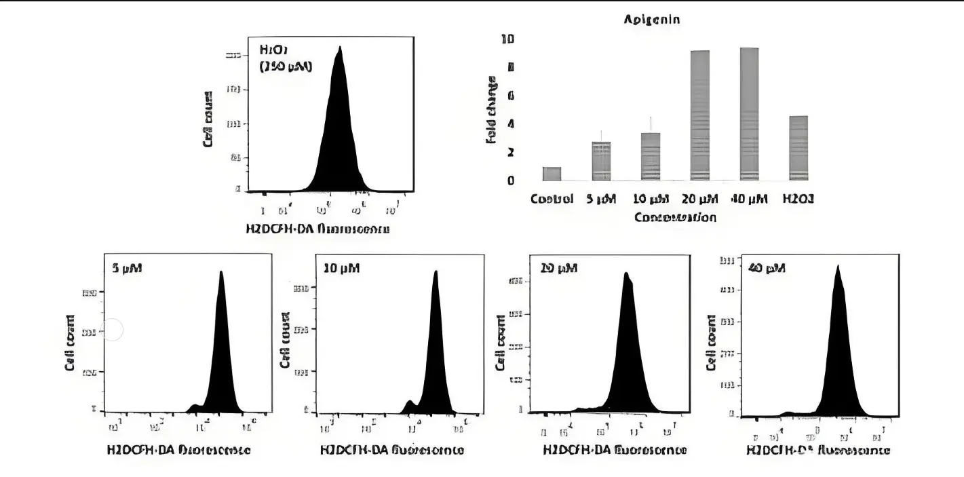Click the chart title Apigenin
(651, 20)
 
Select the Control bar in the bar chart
(552, 174)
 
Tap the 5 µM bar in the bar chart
(601, 161)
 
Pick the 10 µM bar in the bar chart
(651, 157)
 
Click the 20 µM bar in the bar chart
(699, 115)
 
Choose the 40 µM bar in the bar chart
(749, 114)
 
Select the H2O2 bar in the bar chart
(798, 148)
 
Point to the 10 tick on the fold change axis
(507, 39)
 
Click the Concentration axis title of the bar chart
(675, 217)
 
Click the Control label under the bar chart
(552, 199)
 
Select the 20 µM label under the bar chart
(699, 199)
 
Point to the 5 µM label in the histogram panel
(127, 268)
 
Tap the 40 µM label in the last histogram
(766, 268)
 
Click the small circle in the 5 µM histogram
(113, 330)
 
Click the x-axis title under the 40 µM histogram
(818, 450)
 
